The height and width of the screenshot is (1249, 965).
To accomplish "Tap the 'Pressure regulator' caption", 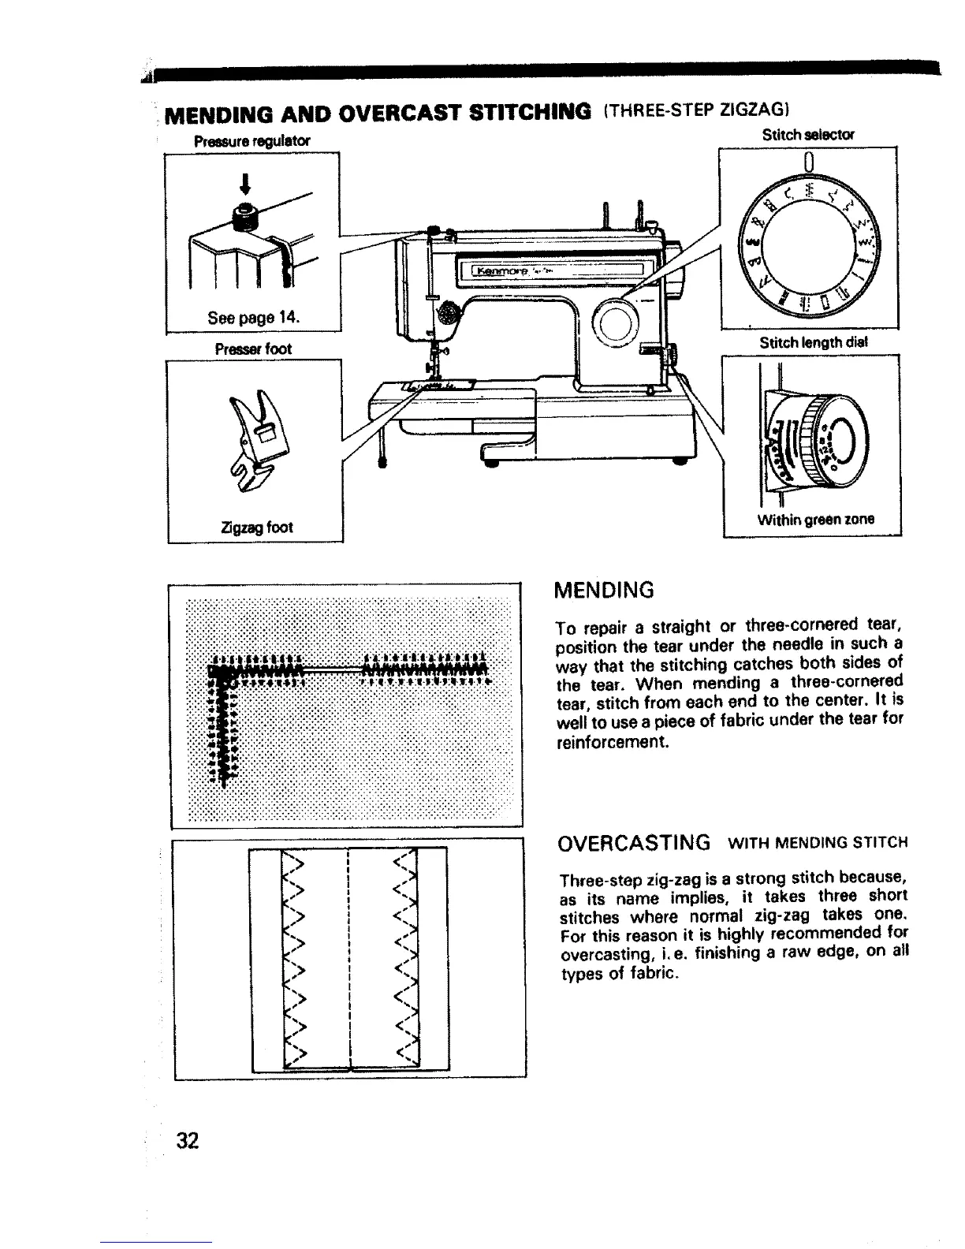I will click(252, 141).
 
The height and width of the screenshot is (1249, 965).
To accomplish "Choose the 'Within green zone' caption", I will click(816, 519).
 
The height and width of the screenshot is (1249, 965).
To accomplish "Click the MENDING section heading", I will click(605, 589).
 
